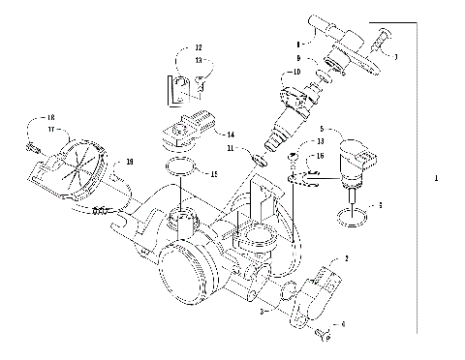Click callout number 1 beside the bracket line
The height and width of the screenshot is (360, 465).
click(438, 179)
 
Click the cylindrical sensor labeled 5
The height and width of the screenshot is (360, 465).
click(360, 165)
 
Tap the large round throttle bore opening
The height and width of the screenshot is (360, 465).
click(184, 277)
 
